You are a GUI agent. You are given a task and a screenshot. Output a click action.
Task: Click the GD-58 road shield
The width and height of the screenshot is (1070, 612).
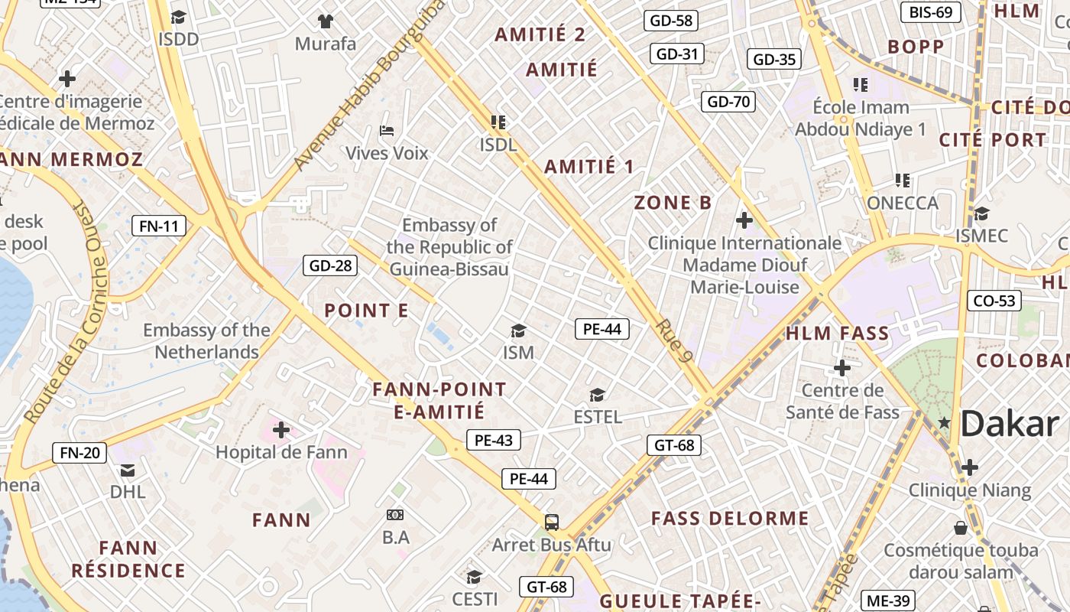coord(672,21)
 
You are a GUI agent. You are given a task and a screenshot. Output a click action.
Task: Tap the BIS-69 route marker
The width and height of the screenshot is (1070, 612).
coord(930,12)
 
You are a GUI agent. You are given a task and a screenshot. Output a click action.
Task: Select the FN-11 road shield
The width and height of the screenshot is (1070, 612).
coord(159,226)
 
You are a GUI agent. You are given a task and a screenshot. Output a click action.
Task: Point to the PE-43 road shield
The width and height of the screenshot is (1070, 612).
coord(493,440)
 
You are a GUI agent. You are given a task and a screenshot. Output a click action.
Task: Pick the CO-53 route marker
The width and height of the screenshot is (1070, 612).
coord(994,301)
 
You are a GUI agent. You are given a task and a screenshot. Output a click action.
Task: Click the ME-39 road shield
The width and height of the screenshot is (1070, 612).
coord(887,601)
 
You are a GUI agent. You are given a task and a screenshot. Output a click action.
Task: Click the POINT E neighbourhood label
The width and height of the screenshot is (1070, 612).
coord(366,311)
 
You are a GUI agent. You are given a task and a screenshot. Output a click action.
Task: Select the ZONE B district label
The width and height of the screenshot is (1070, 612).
coord(673,203)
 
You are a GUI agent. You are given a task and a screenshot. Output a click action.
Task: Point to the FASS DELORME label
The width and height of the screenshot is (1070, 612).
coord(730,519)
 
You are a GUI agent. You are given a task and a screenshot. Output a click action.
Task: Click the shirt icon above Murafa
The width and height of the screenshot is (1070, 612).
coord(326,21)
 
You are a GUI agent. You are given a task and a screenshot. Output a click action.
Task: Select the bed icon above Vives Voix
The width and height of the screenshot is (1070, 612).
coord(387,131)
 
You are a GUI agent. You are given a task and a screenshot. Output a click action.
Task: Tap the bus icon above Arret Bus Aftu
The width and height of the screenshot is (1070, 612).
coord(551,522)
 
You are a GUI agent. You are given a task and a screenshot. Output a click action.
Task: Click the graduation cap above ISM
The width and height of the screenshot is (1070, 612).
coord(518,330)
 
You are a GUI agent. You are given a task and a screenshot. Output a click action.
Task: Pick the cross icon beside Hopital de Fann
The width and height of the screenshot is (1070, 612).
coord(281,430)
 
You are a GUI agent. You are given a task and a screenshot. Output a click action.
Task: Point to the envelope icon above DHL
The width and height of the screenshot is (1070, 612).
coord(127,470)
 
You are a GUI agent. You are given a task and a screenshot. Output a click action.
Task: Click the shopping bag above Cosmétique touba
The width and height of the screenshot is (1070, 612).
coord(961,528)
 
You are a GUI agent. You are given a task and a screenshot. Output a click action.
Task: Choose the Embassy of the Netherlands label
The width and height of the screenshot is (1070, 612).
coord(207,341)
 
